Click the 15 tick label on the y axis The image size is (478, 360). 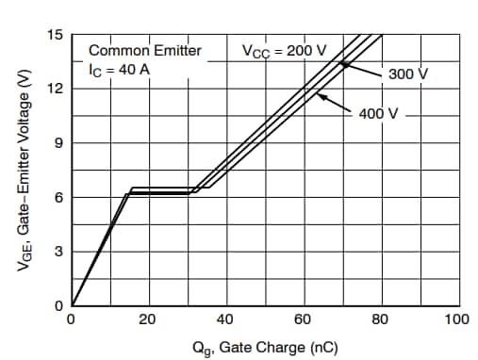58,35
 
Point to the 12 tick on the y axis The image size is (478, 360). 58,89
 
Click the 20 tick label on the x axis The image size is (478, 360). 148,319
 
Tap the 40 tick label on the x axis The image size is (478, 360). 225,319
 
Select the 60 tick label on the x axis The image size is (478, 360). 303,319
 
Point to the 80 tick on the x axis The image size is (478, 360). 380,319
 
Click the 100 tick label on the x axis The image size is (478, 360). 456,319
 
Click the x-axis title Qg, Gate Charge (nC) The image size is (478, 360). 265,347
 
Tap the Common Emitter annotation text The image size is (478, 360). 144,50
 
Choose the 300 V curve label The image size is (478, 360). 407,74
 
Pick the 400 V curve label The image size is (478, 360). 379,113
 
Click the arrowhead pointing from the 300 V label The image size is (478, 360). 344,64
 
